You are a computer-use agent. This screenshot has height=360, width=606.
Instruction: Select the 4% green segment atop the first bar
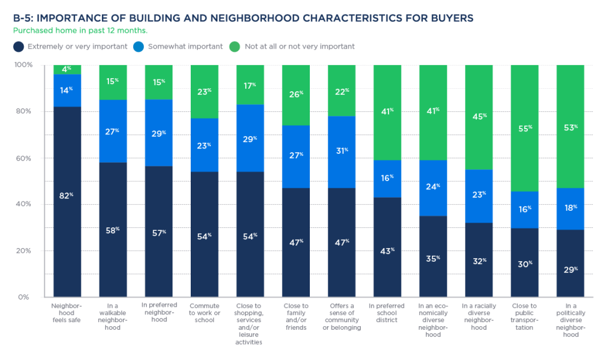[x=67, y=69]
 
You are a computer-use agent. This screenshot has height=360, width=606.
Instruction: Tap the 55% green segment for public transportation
[x=525, y=128]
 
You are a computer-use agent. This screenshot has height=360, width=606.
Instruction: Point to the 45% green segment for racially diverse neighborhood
[x=479, y=117]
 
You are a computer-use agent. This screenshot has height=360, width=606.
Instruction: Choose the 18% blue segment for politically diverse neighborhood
[x=570, y=208]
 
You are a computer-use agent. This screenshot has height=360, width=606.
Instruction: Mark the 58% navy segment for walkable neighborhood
[x=113, y=229]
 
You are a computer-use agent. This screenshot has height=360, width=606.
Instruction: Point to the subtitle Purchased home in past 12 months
[x=81, y=30]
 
